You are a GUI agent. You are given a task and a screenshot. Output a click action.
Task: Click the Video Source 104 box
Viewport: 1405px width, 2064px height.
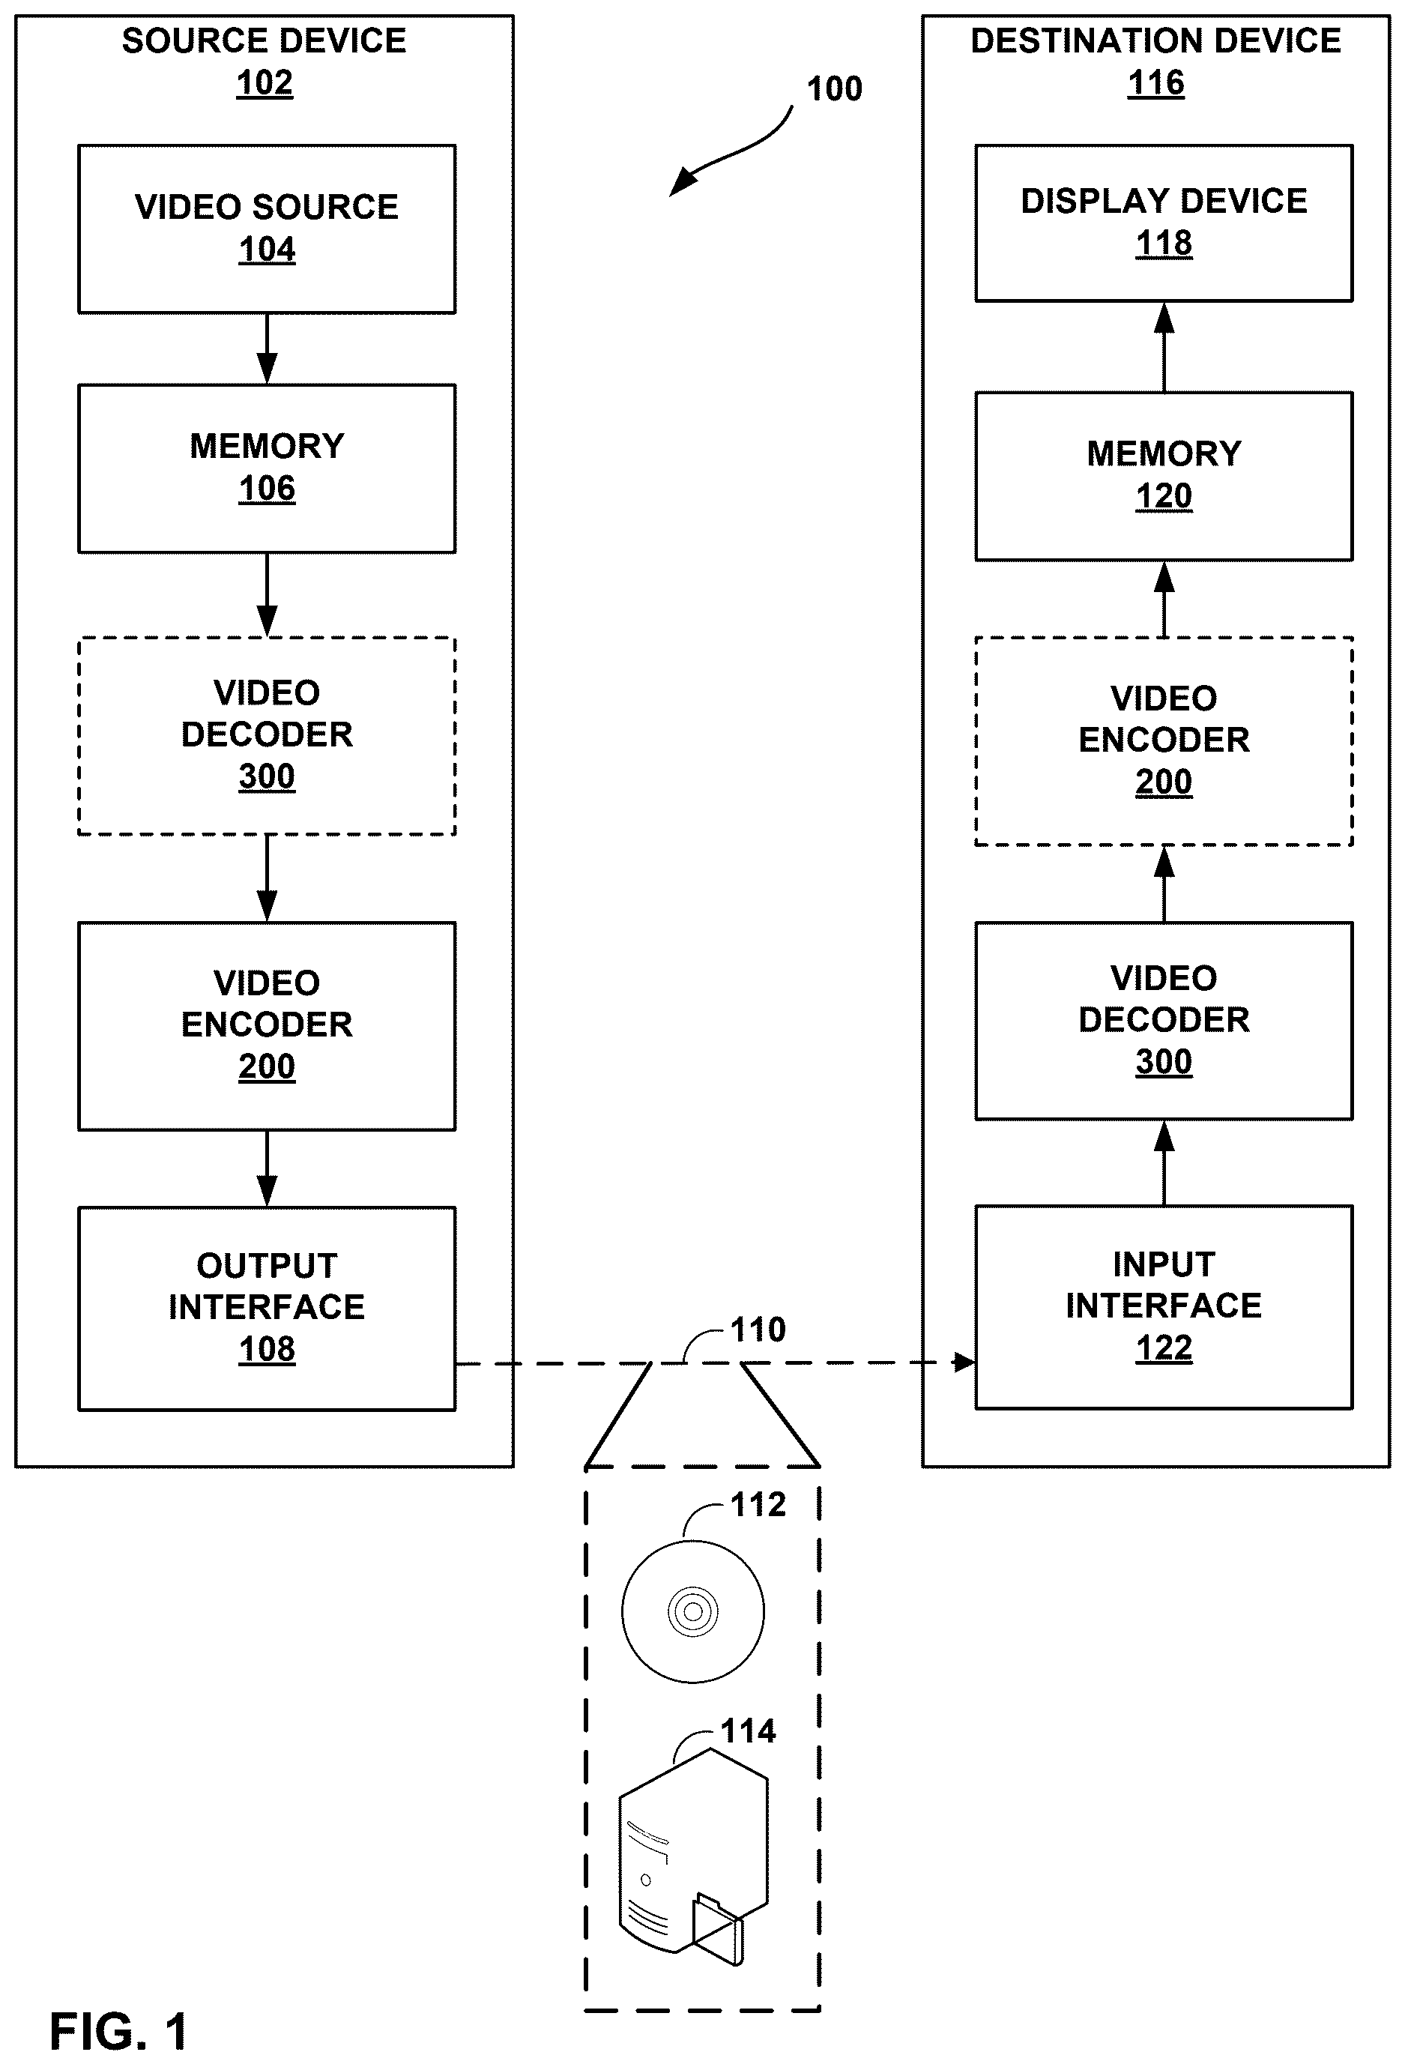[267, 229]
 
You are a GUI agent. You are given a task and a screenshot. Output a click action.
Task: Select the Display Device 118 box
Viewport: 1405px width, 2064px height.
[1164, 223]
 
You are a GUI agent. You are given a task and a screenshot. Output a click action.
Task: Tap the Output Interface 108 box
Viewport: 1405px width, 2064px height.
[267, 1309]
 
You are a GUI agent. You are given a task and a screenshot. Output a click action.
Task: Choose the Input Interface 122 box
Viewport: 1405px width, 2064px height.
[1164, 1306]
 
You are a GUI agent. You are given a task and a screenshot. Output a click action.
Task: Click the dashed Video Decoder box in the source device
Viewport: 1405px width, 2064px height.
[267, 735]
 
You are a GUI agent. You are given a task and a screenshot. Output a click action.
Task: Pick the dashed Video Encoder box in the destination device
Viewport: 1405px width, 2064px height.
[1164, 740]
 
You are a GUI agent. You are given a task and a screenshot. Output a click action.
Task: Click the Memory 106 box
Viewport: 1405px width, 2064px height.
[267, 468]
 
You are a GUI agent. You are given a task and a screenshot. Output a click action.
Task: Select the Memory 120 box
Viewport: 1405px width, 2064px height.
[1164, 476]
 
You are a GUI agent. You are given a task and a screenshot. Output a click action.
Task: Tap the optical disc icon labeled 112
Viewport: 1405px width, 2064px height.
[692, 1611]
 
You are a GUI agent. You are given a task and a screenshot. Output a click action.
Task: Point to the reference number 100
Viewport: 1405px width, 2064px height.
[834, 89]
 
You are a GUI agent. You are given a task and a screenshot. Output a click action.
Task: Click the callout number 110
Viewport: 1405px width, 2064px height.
[758, 1330]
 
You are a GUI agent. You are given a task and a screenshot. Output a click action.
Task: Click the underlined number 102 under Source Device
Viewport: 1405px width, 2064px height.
[265, 82]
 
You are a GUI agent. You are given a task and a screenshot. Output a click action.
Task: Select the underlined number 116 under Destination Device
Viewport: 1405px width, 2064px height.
[1155, 82]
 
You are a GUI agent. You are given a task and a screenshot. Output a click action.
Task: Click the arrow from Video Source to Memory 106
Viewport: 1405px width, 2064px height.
[267, 349]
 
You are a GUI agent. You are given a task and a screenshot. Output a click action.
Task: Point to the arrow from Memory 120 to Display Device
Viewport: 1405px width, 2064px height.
[1164, 347]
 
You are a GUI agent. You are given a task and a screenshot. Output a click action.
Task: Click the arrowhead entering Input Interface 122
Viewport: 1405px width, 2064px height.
[964, 1362]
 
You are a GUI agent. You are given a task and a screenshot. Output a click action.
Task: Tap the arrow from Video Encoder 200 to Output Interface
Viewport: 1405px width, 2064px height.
[267, 1168]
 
